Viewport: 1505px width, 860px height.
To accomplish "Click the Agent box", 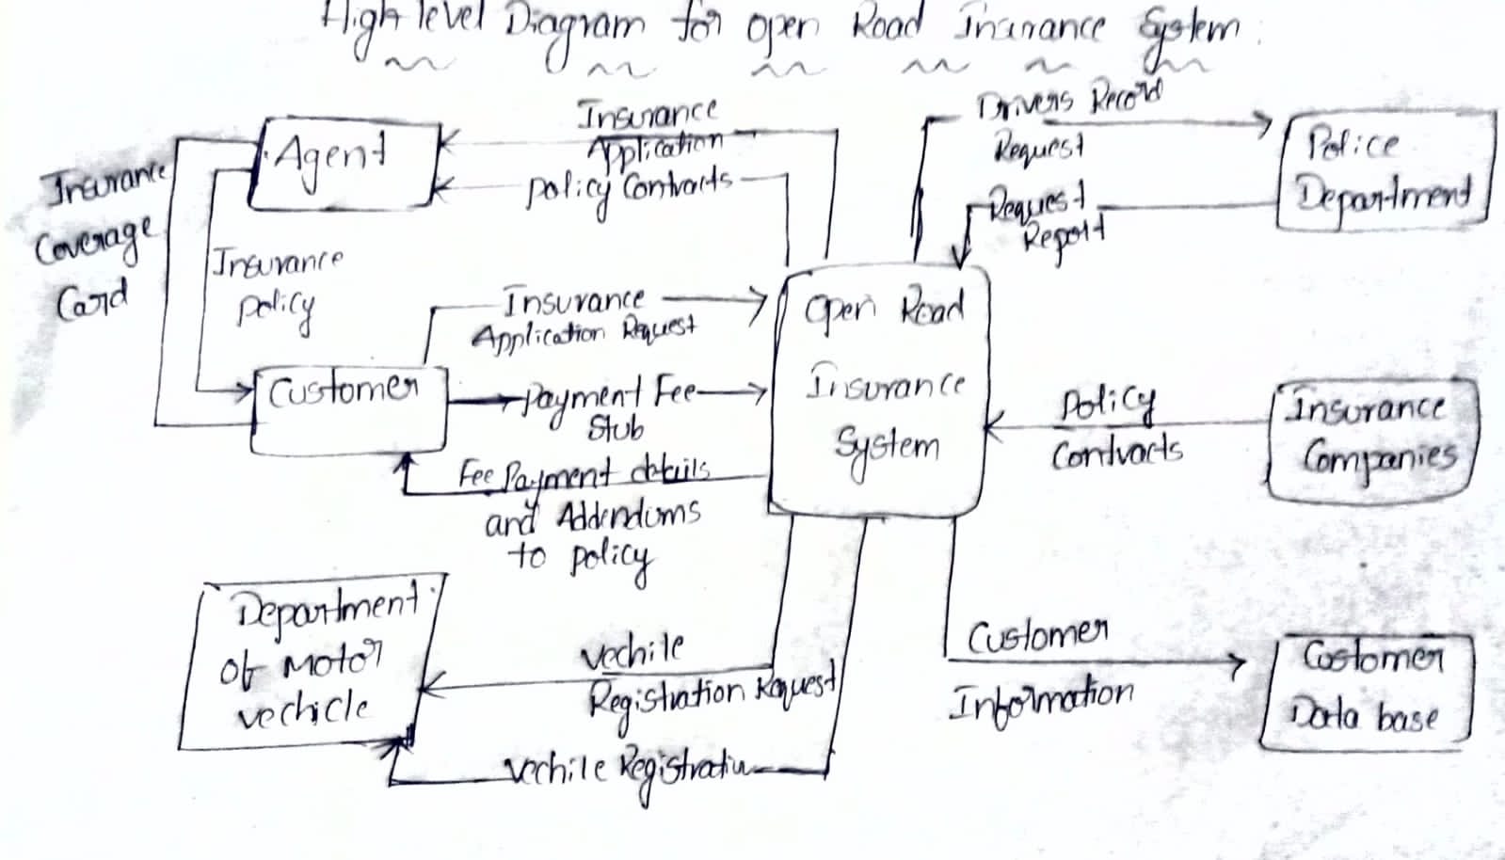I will [344, 166].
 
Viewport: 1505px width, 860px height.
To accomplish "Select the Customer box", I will [349, 410].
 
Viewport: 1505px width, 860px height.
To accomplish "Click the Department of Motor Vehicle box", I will [311, 664].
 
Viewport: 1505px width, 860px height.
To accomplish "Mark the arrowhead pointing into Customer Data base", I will [1238, 664].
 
